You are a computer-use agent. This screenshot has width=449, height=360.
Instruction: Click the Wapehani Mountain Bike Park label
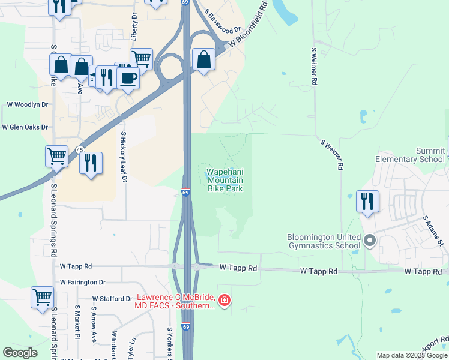[x=225, y=180]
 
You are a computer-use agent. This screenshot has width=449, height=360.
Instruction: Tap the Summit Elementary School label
[x=410, y=155]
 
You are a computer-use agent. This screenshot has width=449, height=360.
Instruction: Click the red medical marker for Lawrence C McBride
[x=224, y=300]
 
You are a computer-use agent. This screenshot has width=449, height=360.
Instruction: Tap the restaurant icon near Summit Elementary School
[x=367, y=201]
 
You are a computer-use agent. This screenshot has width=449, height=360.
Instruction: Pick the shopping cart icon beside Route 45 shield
[x=56, y=157]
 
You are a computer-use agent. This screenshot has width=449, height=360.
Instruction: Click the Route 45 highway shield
[x=80, y=149]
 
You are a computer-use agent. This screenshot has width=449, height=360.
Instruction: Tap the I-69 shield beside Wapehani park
[x=186, y=193]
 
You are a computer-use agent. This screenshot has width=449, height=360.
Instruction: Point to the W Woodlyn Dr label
[x=27, y=104]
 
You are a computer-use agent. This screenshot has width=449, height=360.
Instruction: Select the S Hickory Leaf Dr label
[x=124, y=157]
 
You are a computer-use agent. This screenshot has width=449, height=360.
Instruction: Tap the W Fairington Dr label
[x=83, y=282]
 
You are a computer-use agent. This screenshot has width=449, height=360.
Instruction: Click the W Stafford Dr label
[x=112, y=298]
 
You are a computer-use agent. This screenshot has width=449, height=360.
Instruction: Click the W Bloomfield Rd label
[x=248, y=27]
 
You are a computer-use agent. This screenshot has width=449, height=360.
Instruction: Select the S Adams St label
[x=433, y=231]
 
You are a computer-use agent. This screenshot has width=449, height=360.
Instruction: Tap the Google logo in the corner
[x=20, y=353]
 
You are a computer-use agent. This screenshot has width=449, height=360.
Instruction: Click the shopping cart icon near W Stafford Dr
[x=43, y=297]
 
